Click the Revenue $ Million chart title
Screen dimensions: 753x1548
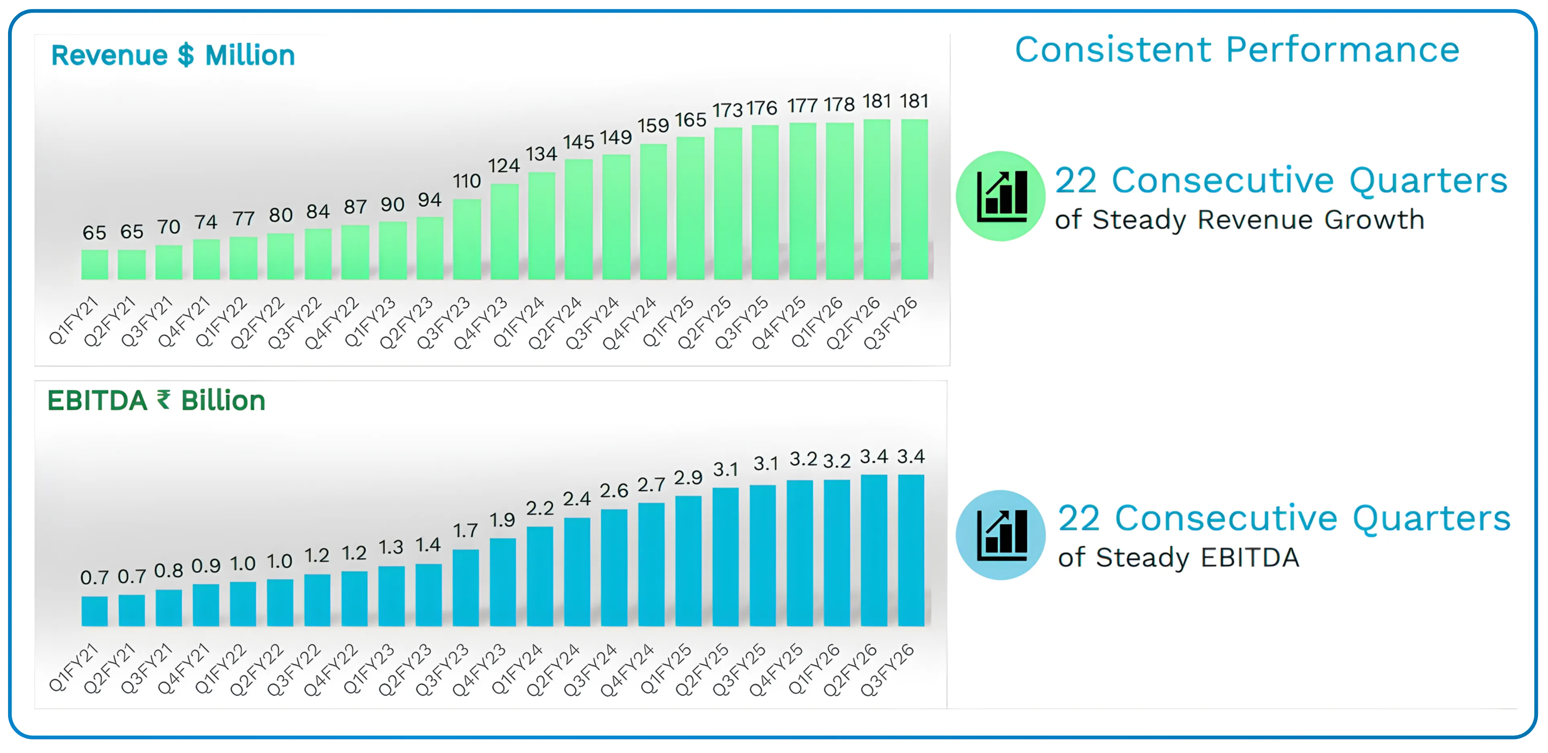tap(173, 56)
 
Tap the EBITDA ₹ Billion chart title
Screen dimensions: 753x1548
tap(156, 401)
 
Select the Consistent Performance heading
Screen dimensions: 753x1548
tap(1237, 49)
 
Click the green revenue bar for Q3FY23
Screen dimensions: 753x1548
tap(466, 239)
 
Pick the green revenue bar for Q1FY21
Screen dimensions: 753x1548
tap(94, 265)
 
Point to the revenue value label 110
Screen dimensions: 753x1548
tap(466, 181)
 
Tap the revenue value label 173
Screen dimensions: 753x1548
tap(727, 110)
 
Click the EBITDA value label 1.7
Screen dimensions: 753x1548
tap(465, 531)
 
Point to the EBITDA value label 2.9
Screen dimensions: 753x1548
tap(688, 477)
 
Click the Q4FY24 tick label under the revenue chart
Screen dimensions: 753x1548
tap(629, 323)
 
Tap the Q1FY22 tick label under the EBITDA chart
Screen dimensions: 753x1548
tap(221, 669)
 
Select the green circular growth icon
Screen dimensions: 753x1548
tap(1000, 196)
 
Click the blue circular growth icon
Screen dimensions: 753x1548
tap(1000, 535)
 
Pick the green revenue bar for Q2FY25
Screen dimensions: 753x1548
tap(727, 203)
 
